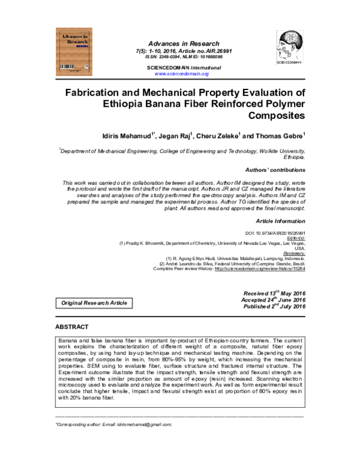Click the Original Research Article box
click(95, 303)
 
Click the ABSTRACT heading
click(71, 327)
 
